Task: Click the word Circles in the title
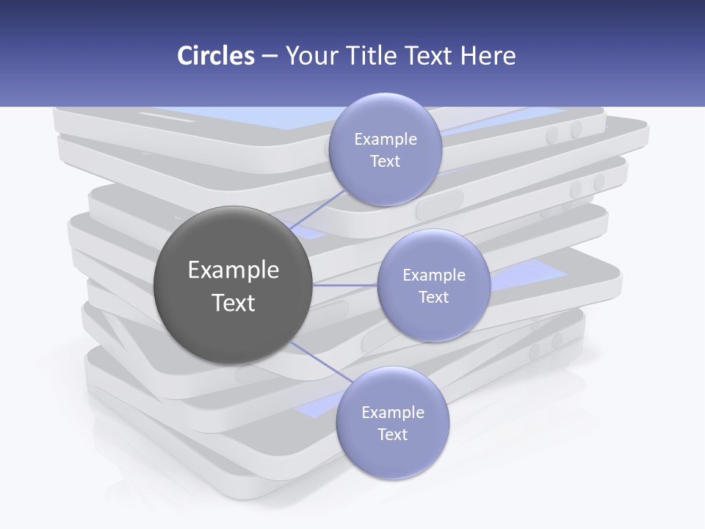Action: pyautogui.click(x=215, y=56)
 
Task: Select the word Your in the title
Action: pyautogui.click(x=309, y=56)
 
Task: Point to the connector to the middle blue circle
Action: pyautogui.click(x=345, y=284)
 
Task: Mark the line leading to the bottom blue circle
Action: pyautogui.click(x=322, y=364)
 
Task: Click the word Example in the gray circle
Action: pyautogui.click(x=234, y=270)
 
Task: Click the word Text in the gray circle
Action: pyautogui.click(x=234, y=303)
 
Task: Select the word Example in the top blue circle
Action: pyautogui.click(x=386, y=140)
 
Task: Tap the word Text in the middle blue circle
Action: pyautogui.click(x=433, y=297)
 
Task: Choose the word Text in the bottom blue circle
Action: pyautogui.click(x=392, y=434)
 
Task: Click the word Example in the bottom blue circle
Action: pyautogui.click(x=393, y=412)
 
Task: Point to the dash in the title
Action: pyautogui.click(x=270, y=56)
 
